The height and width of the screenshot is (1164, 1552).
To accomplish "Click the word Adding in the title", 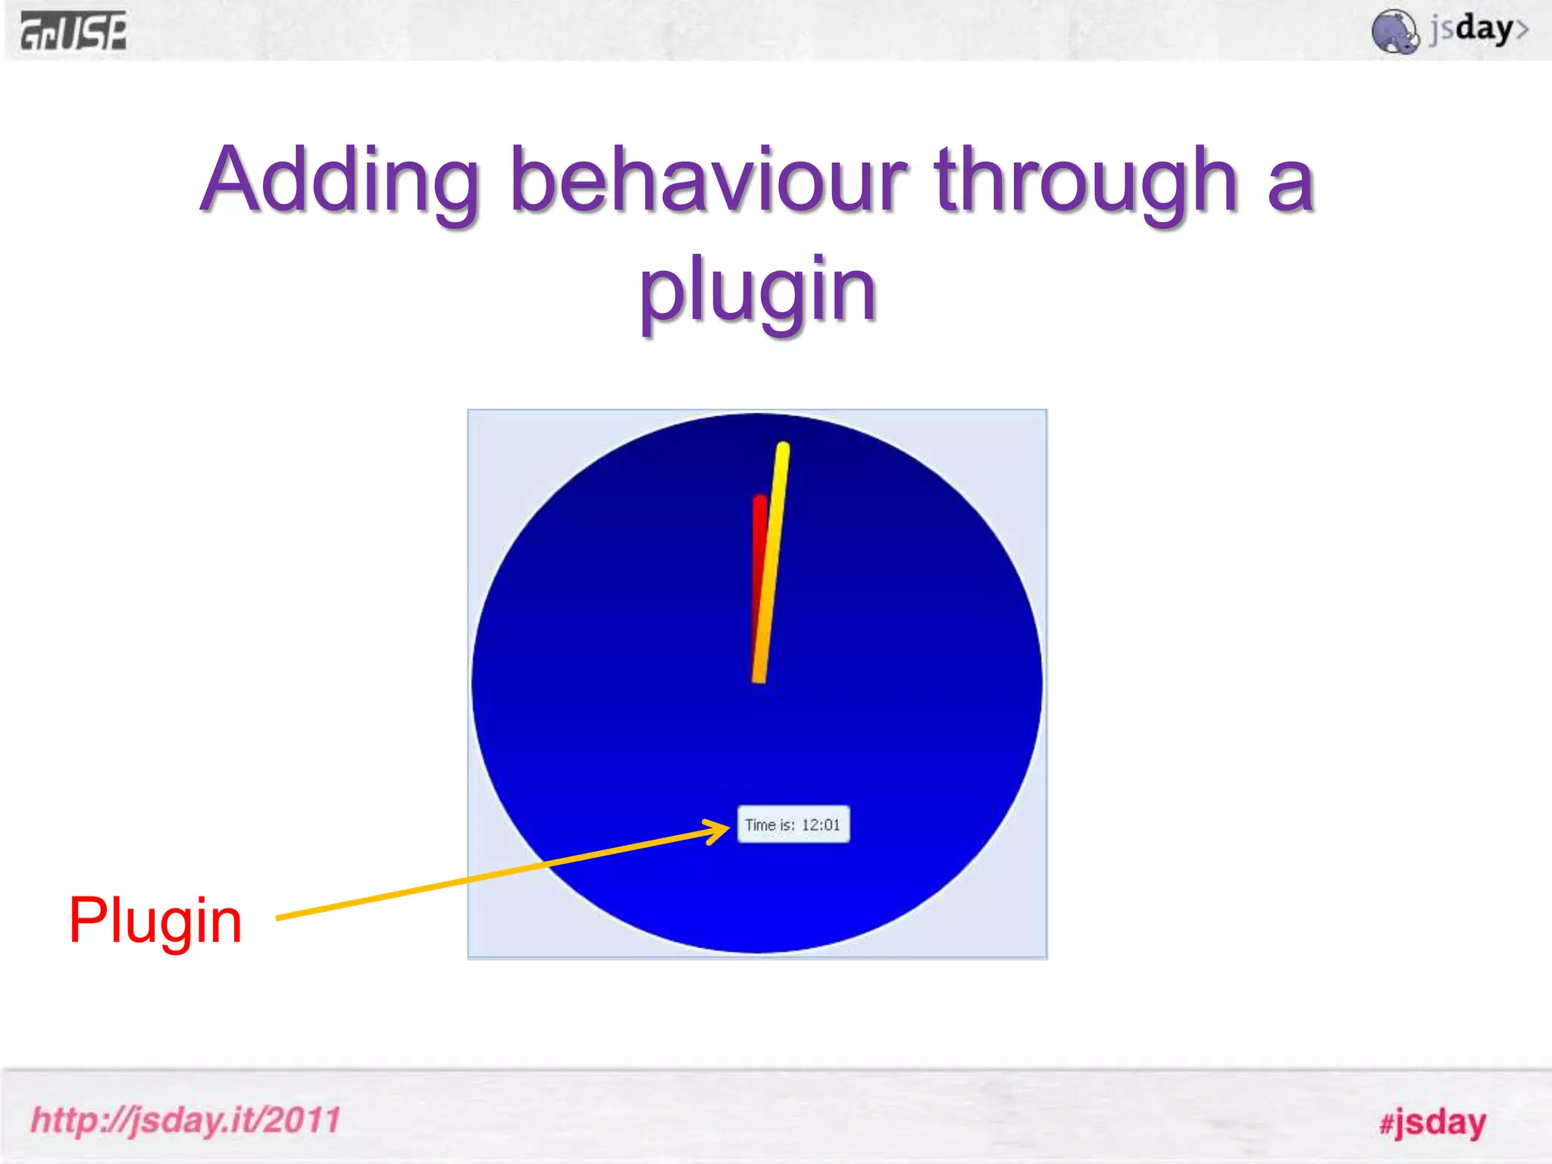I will (340, 182).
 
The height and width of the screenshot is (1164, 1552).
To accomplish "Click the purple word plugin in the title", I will (758, 291).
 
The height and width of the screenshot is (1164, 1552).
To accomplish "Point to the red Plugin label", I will (155, 921).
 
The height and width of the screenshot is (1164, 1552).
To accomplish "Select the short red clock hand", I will (759, 546).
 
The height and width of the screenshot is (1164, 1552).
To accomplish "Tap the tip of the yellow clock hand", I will (783, 449).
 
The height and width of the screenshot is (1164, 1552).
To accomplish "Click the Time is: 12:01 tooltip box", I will (793, 824).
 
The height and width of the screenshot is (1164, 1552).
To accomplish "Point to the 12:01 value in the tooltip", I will (821, 824).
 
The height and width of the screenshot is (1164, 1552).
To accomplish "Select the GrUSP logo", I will (74, 32).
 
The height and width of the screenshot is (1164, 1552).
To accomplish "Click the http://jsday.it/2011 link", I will (186, 1120).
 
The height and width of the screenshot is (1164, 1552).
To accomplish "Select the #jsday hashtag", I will (1432, 1122).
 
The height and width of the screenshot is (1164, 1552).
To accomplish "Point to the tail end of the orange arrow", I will (280, 918).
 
